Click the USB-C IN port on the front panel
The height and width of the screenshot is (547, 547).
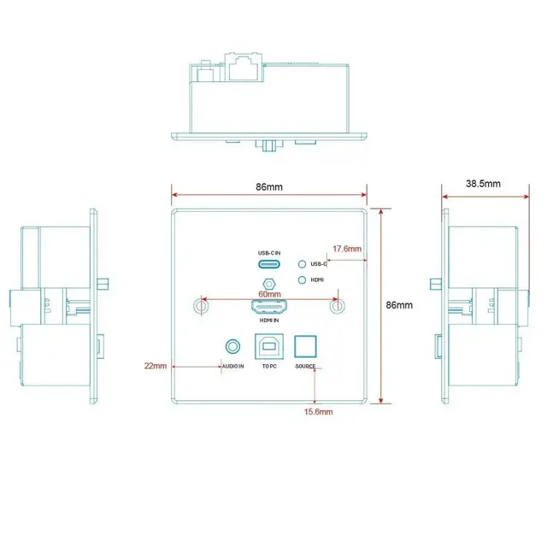(269, 264)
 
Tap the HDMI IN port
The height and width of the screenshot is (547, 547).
(269, 307)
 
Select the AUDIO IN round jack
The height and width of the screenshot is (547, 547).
(232, 347)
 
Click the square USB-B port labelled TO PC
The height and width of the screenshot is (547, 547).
(269, 346)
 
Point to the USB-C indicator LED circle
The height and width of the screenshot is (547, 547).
(302, 264)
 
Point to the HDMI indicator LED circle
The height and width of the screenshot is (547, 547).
(302, 279)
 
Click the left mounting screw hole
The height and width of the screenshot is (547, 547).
(201, 306)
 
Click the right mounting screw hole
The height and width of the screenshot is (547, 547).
(338, 306)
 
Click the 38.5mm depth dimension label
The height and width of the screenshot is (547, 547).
(483, 184)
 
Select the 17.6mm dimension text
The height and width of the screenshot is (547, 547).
(347, 249)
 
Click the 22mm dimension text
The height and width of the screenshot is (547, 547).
(156, 366)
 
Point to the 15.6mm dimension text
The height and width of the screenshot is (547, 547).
(318, 412)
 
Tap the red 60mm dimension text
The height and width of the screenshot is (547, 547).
(269, 294)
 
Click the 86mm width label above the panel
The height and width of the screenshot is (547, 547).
(269, 187)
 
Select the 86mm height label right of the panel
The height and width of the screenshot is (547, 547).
(399, 305)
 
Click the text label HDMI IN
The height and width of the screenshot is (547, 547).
(269, 321)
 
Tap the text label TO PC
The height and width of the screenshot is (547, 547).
(269, 367)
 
